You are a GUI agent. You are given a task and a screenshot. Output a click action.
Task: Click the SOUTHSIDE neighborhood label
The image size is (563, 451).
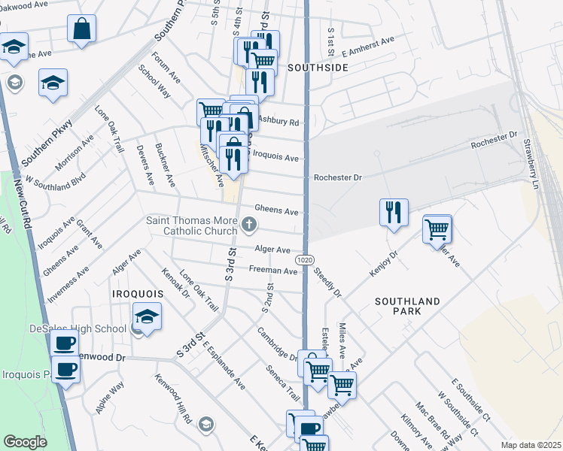coord(318,68)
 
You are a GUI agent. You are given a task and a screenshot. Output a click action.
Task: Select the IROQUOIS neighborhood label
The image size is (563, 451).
coord(137,292)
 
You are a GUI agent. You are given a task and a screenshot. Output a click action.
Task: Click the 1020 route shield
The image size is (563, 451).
coord(304,259)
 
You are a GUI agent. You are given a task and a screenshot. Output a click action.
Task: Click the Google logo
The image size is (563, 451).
coord(25,442)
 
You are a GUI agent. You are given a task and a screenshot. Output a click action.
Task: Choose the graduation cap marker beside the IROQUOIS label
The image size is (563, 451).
coord(147,316)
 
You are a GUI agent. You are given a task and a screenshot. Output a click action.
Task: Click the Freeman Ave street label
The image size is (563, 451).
coord(273,270)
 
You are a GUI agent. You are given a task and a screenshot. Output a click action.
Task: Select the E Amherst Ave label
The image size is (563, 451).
coord(368,47)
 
